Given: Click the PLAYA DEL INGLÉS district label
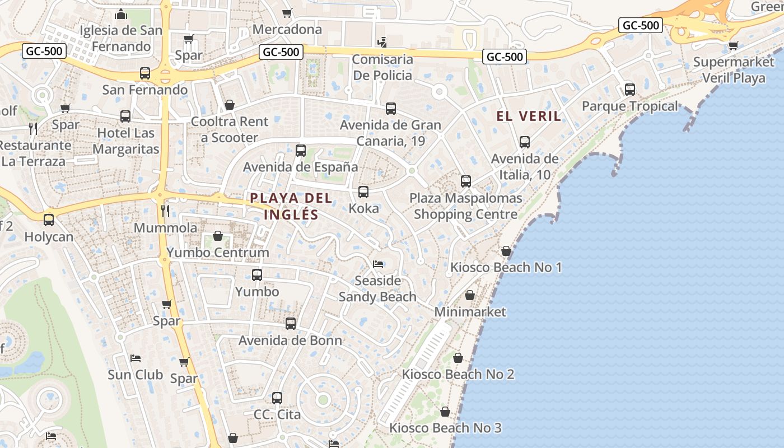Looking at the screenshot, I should [x=291, y=206].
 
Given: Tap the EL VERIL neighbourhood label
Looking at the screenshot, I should [x=529, y=116].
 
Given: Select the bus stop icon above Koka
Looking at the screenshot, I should [x=363, y=192].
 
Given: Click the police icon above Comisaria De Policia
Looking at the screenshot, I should [x=382, y=41].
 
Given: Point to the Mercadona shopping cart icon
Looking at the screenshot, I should [x=287, y=12].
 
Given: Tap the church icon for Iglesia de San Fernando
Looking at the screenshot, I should [x=121, y=15].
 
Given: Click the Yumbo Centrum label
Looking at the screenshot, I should [x=218, y=253].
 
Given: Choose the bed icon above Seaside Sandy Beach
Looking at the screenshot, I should [x=378, y=264].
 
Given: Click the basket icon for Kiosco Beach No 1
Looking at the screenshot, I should [x=506, y=251].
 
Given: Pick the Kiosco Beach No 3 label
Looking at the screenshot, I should [x=445, y=428].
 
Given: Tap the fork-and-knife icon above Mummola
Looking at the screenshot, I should [x=165, y=211].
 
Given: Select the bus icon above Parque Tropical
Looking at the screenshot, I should [x=630, y=89].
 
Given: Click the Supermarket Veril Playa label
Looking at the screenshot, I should [x=734, y=69].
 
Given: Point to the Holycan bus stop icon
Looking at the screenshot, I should [x=49, y=220].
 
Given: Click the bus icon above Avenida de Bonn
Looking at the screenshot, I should [x=291, y=323].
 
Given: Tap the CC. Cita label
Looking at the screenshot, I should [x=277, y=415].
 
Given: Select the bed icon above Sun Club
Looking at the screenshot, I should [x=135, y=358].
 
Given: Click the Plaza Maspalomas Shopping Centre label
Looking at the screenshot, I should [x=465, y=206].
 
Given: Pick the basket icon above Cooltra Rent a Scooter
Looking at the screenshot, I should [x=229, y=105].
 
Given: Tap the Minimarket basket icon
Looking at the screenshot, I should [x=470, y=295].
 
